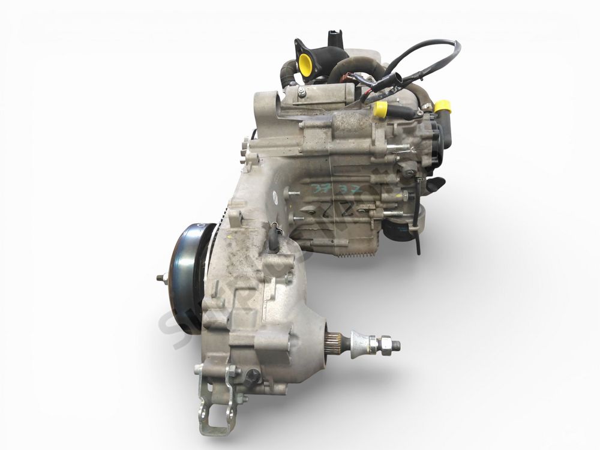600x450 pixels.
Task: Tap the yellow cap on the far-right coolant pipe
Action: [x=442, y=107]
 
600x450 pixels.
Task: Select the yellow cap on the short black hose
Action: [x=380, y=109]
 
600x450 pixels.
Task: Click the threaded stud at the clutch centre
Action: [x=161, y=278]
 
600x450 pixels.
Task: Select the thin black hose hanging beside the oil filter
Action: [x=416, y=240]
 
